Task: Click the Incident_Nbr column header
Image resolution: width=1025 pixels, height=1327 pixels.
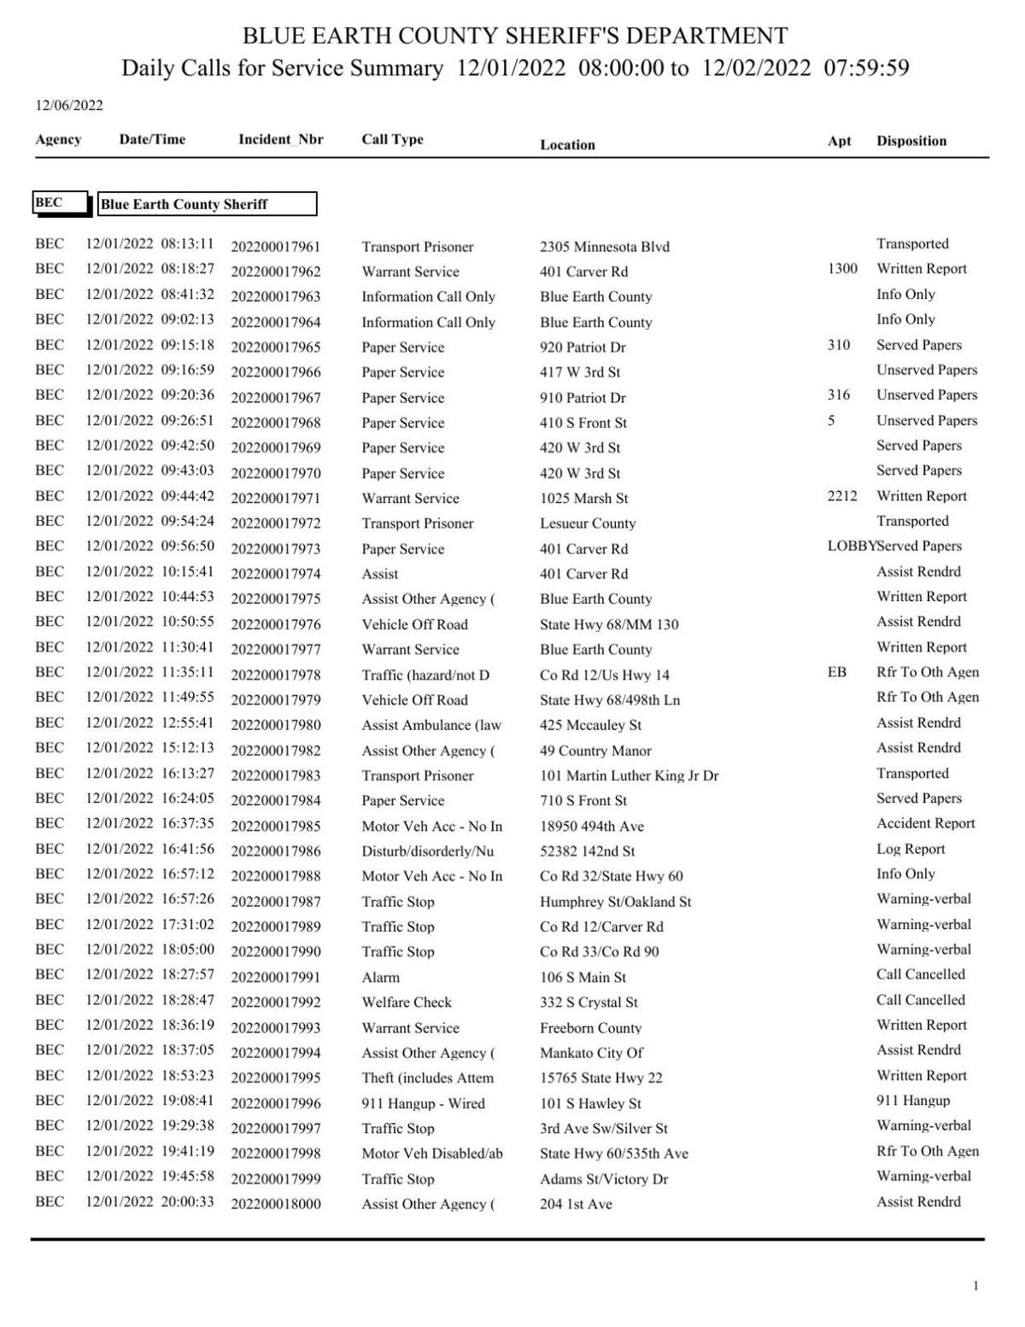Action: [x=280, y=139]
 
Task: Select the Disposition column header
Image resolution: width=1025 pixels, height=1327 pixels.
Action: [x=911, y=141]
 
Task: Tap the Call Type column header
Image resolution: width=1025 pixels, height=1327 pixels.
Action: [x=392, y=139]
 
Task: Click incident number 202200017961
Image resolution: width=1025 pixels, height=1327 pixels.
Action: [x=275, y=247]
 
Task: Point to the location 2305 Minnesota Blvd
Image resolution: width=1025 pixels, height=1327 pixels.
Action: [x=604, y=247]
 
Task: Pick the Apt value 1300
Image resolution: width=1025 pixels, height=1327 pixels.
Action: [x=842, y=269]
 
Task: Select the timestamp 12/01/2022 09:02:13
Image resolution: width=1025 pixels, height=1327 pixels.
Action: [x=149, y=319]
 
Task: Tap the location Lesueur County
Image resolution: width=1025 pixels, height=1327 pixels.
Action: [x=588, y=523]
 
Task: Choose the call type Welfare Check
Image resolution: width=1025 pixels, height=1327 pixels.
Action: [x=407, y=1003]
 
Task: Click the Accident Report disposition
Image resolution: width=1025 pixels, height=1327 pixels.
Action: [x=925, y=824]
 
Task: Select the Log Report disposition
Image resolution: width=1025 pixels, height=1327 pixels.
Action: [x=911, y=849]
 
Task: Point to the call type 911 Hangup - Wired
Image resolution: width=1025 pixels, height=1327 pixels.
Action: [x=423, y=1103]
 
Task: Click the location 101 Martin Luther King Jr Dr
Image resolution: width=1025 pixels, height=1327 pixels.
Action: [x=629, y=775]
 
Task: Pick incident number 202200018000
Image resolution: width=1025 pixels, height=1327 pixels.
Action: [x=275, y=1204]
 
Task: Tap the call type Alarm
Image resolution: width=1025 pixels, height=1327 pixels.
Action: [x=380, y=977]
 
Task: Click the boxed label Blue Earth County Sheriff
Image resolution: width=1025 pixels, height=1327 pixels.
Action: [x=207, y=204]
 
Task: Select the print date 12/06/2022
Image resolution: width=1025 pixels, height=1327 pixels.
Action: [x=68, y=106]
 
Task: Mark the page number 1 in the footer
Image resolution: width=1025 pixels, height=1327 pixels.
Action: [x=975, y=1286]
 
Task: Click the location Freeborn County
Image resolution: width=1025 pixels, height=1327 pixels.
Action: [x=590, y=1028]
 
